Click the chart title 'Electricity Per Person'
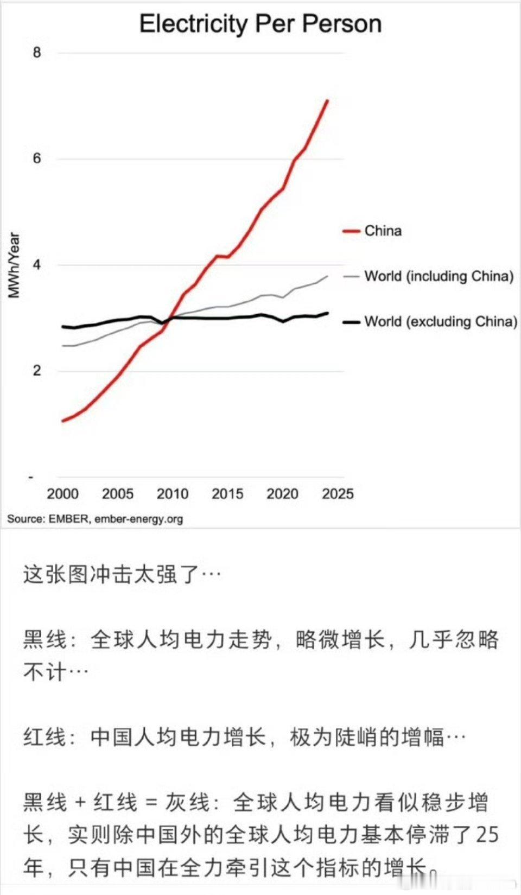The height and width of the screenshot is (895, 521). click(x=260, y=24)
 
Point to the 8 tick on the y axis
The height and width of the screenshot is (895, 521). click(x=37, y=53)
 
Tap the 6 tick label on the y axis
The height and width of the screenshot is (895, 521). click(x=37, y=158)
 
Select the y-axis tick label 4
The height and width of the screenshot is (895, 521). click(x=37, y=265)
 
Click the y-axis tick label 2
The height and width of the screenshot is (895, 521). click(x=37, y=371)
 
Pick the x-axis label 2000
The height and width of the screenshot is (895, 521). click(x=62, y=494)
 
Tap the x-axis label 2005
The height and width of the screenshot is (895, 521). click(x=117, y=494)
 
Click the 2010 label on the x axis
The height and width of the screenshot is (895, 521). click(x=173, y=494)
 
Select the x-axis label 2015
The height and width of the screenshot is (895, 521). click(x=227, y=494)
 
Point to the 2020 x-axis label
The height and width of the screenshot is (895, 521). click(x=282, y=494)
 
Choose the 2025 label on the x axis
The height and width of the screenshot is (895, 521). click(x=338, y=494)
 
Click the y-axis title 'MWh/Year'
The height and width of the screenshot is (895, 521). click(x=14, y=265)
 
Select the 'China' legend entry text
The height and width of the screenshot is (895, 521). click(x=383, y=231)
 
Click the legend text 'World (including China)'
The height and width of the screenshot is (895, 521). click(x=439, y=276)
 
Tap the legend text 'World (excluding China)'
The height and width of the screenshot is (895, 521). click(x=441, y=322)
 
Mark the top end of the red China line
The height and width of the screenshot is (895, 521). click(x=327, y=100)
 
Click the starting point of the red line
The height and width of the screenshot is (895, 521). click(x=63, y=421)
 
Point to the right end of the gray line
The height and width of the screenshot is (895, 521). click(x=327, y=276)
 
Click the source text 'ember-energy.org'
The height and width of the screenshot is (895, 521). click(x=138, y=519)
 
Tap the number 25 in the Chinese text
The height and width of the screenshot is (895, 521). click(x=487, y=835)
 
